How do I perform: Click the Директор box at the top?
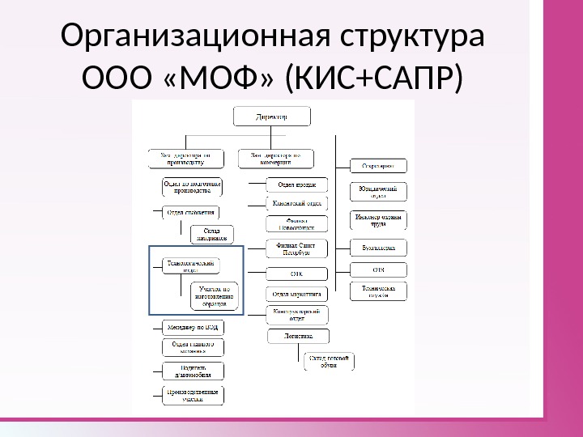271,117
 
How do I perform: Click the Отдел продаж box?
296,184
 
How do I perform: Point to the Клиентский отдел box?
296,204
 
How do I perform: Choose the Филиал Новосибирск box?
296,224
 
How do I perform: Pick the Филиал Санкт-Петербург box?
296,247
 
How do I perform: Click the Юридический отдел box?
378,192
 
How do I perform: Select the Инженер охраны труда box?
378,220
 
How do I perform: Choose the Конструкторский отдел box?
296,314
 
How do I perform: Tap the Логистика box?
296,334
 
